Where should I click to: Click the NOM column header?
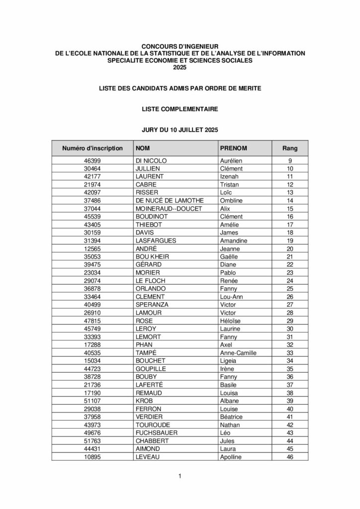point(143,148)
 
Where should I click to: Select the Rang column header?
point(290,148)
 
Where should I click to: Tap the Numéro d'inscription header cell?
point(92,148)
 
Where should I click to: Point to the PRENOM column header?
point(234,148)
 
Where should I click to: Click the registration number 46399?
point(92,161)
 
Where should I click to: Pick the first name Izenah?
point(230,176)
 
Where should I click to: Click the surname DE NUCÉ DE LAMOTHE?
point(169,200)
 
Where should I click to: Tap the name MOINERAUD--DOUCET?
point(169,208)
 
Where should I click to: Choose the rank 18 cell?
point(290,232)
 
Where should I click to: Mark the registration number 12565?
point(92,248)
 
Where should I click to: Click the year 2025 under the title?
point(180,67)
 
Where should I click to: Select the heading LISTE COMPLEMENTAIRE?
point(180,108)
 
